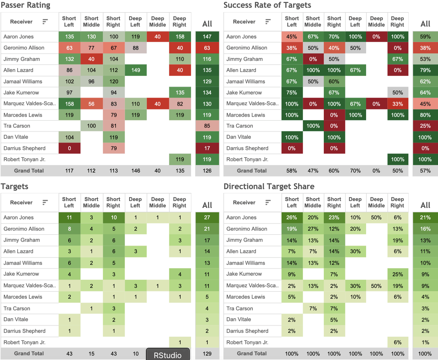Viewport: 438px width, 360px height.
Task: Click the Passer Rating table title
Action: click(25, 5)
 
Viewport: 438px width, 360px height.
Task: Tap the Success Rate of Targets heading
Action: click(267, 5)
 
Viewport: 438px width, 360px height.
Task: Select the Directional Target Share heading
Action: click(269, 186)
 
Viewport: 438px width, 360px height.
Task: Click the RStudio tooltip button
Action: click(168, 355)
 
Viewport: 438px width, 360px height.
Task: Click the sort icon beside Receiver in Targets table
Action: click(45, 202)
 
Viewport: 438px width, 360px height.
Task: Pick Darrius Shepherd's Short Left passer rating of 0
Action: click(69, 148)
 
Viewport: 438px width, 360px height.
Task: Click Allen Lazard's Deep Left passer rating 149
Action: click(135, 70)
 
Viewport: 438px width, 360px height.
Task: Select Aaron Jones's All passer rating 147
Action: click(207, 36)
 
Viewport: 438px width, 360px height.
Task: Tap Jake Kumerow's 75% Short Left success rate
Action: click(292, 93)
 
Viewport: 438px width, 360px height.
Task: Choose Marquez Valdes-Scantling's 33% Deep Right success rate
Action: click(398, 104)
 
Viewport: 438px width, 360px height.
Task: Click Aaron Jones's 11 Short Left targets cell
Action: click(69, 218)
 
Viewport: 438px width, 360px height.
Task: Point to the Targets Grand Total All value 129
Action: click(207, 354)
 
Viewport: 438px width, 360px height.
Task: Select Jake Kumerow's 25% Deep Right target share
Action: click(398, 274)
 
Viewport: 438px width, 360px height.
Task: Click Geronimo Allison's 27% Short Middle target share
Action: click(313, 229)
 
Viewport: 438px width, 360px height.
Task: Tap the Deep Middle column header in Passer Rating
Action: click(158, 22)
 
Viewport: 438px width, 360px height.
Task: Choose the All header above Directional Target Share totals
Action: click(425, 205)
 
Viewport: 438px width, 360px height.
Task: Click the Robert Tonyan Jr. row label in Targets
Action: click(24, 342)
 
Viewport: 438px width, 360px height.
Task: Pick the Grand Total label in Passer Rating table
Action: click(29, 171)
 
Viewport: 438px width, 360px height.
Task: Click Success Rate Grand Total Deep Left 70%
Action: click(355, 171)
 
